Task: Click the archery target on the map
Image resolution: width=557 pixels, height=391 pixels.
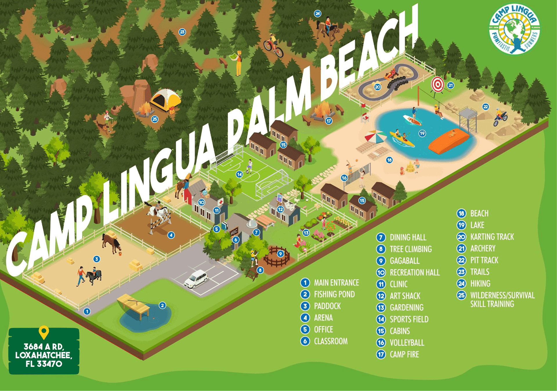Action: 437,84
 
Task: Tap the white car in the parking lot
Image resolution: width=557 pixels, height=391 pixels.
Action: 196,279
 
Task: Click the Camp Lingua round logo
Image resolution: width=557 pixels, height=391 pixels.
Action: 514,29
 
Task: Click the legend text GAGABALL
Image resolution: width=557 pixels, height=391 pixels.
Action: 404,261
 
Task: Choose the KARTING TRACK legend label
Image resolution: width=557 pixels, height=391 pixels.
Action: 492,237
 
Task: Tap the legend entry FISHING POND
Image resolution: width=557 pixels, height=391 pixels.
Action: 334,294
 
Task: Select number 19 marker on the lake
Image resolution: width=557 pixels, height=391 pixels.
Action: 422,133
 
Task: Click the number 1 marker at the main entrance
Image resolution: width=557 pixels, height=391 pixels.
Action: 87,311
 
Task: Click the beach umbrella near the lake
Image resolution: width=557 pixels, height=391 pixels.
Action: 375,136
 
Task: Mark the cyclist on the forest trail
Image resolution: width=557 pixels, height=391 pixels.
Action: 273,46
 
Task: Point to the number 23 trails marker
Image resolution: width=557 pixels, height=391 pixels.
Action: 182,32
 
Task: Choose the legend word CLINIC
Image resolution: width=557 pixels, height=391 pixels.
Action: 398,284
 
